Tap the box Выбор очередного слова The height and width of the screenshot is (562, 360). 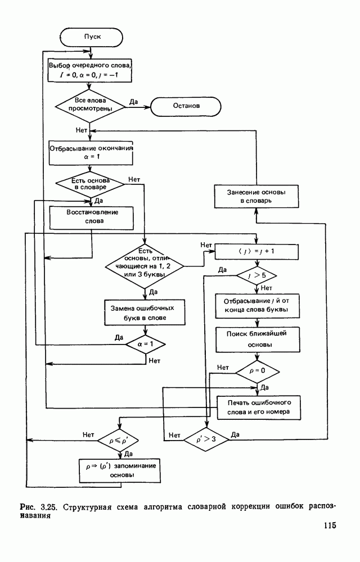[x=92, y=70]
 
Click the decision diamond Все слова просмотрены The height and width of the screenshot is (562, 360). [x=92, y=105]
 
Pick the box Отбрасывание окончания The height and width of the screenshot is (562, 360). [x=92, y=152]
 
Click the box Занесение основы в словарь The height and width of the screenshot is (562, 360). [x=256, y=196]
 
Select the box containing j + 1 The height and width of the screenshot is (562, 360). [x=256, y=251]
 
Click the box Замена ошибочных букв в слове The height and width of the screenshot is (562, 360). [x=146, y=312]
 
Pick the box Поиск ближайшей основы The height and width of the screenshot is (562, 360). [x=256, y=339]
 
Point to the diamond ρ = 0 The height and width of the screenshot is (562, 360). [x=256, y=371]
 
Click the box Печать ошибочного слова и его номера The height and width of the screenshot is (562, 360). [x=258, y=408]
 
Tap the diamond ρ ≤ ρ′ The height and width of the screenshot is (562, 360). [x=119, y=438]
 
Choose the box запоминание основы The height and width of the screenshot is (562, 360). [x=119, y=470]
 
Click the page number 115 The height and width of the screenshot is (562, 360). [x=330, y=526]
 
